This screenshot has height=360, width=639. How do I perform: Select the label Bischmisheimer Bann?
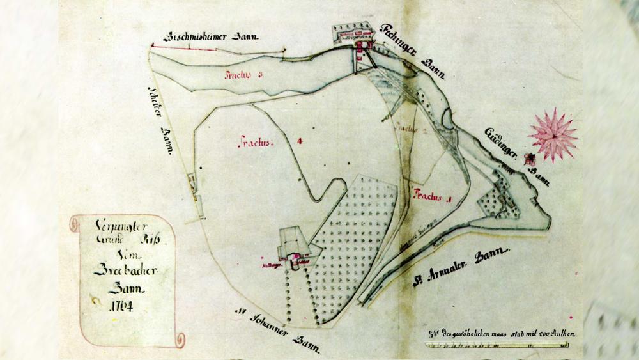(x=212, y=36)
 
